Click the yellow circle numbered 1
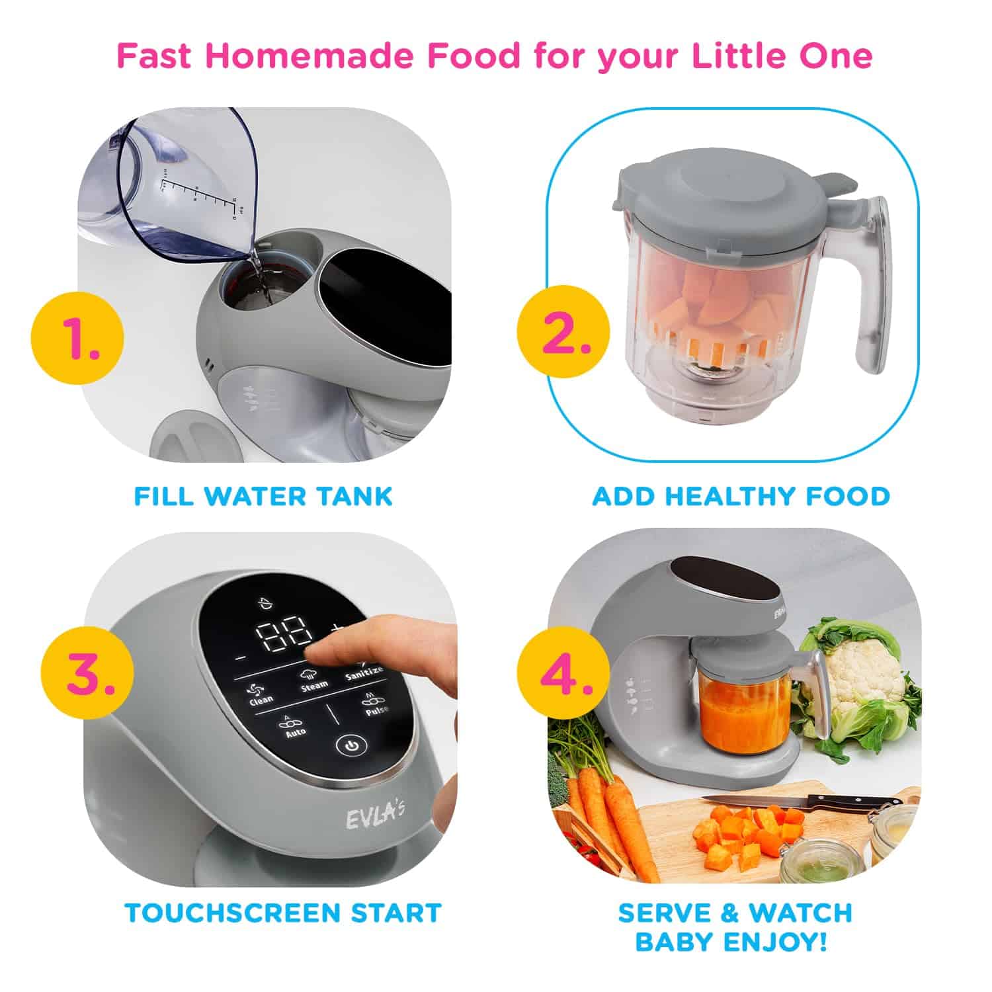pyautogui.click(x=77, y=340)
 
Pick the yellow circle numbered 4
pyautogui.click(x=563, y=674)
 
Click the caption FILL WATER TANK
pyautogui.click(x=263, y=496)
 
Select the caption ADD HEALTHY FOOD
pyautogui.click(x=741, y=496)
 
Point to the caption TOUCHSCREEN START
pyautogui.click(x=283, y=913)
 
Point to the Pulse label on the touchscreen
pyautogui.click(x=376, y=708)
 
